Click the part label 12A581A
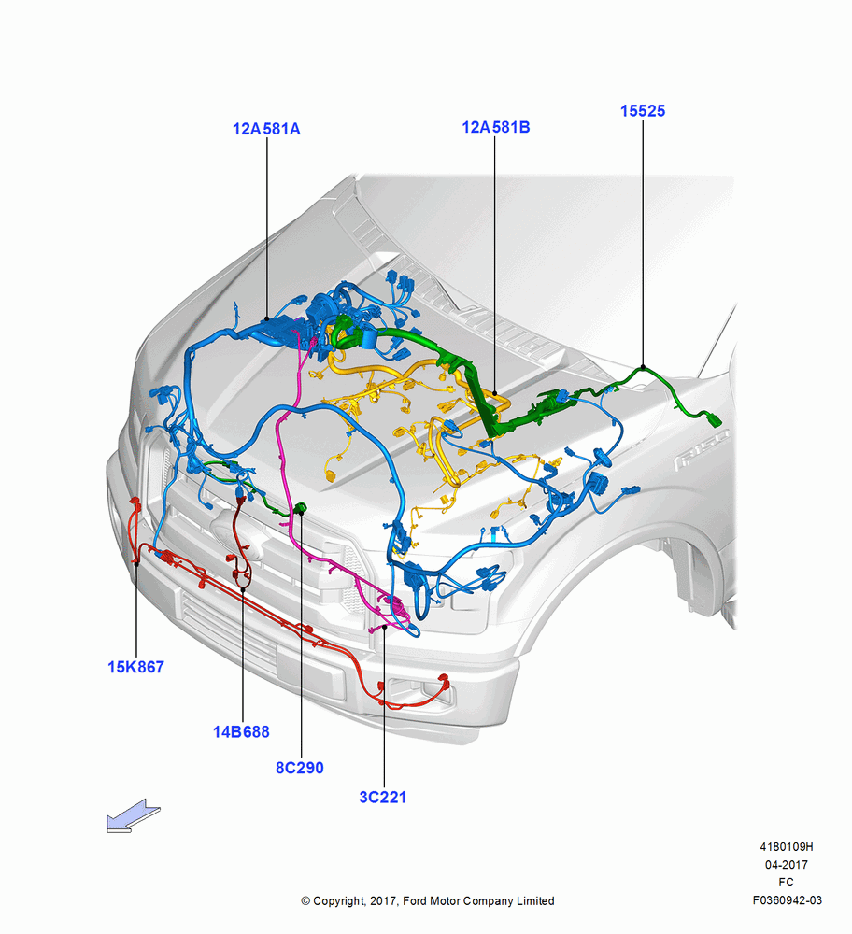266,129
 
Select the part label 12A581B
496,127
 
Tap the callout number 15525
643,111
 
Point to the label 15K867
135,667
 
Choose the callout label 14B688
241,731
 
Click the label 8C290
300,768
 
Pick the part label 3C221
382,797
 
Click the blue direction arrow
134,816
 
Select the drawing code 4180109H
787,846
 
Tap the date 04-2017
787,864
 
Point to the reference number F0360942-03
787,900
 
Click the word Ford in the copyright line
416,900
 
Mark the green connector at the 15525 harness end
715,419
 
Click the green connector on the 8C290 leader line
300,508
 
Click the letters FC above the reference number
786,883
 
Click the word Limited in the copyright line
534,900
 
